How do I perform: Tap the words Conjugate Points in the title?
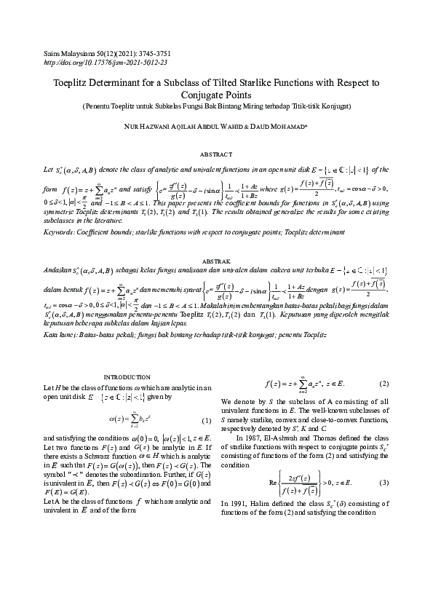coord(216,95)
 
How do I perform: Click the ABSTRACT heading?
coord(216,154)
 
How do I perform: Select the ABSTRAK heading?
coord(216,260)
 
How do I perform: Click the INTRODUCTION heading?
coord(127,376)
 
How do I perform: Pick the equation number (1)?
coord(206,421)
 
